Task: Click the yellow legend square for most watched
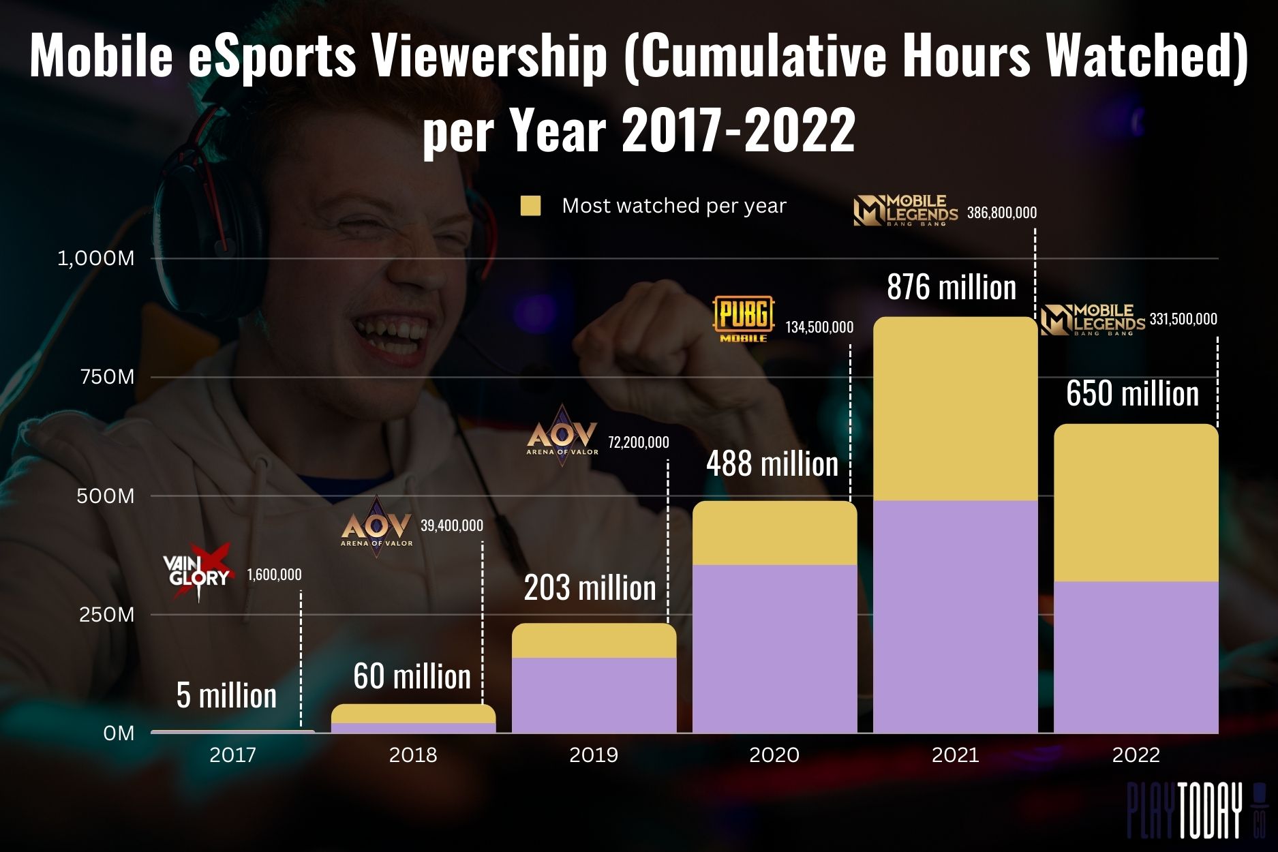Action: tap(530, 206)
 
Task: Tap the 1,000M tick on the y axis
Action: tap(96, 259)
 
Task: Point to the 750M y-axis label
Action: tap(107, 377)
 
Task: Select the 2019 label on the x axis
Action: tap(593, 755)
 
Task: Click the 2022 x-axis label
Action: tap(1136, 755)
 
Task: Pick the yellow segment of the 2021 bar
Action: tap(955, 409)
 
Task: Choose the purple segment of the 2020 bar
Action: tap(774, 648)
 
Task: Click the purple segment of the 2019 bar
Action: tap(594, 695)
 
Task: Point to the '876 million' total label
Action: tap(952, 287)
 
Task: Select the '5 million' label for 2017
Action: tap(226, 695)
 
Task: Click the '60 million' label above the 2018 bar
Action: tap(412, 676)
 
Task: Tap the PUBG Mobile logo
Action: tap(744, 318)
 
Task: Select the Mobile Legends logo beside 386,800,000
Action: tap(905, 211)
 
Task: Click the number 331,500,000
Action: tap(1183, 319)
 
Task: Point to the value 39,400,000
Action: tap(452, 526)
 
